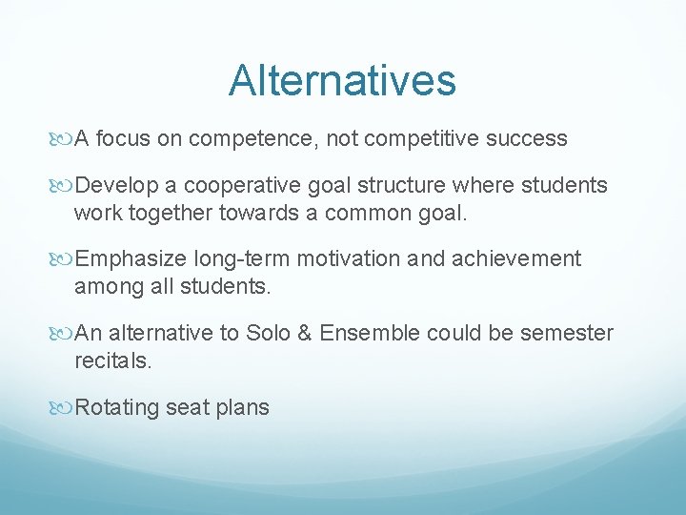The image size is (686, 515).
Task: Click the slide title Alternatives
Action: tap(342, 81)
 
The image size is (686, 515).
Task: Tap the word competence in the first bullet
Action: tap(251, 139)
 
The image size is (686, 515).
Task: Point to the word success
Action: tap(526, 139)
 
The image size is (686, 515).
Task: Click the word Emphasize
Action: tap(131, 258)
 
